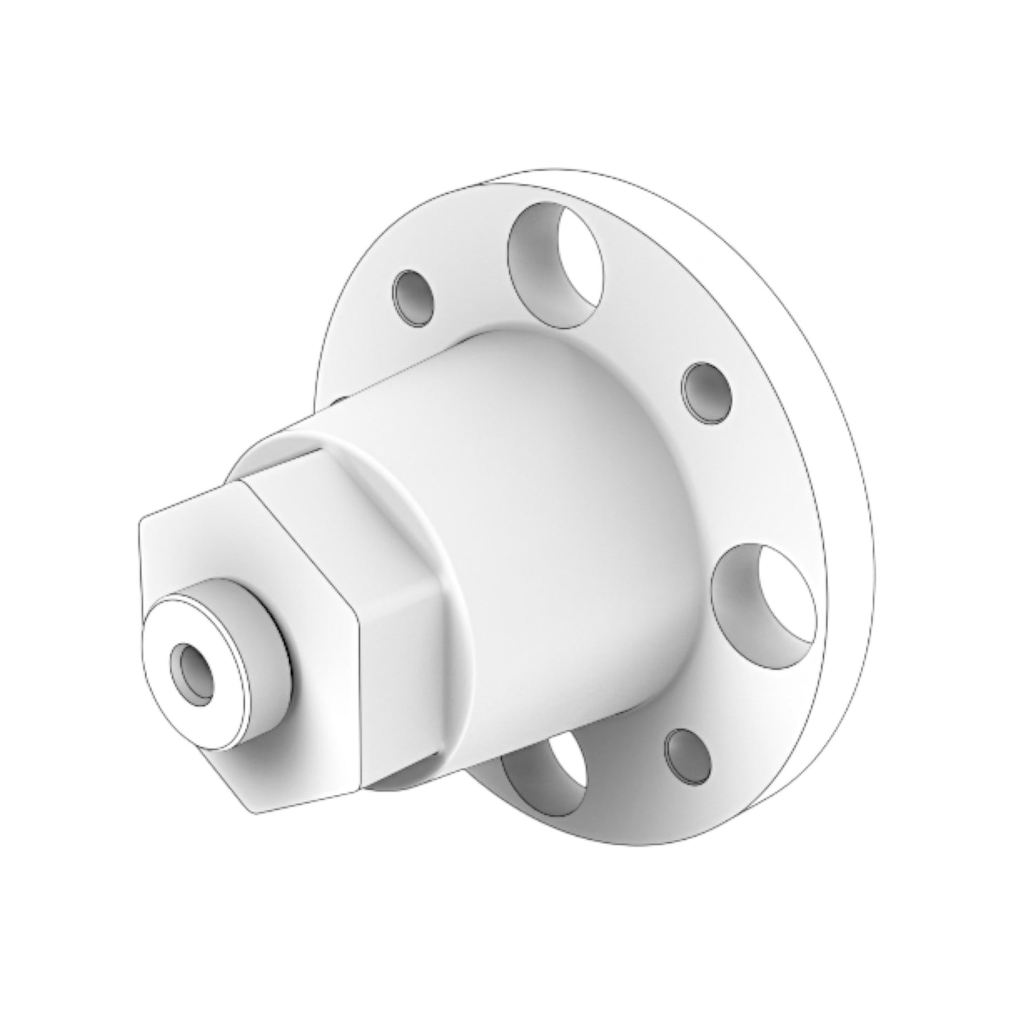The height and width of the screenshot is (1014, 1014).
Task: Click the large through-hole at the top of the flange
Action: pyautogui.click(x=554, y=263)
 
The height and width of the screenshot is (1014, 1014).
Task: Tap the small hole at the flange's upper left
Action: pyautogui.click(x=414, y=298)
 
